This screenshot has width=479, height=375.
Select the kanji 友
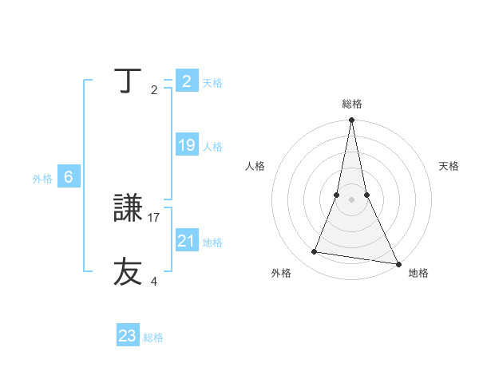point(129,271)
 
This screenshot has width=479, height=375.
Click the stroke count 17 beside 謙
point(154,217)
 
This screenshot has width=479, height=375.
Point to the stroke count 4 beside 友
point(154,281)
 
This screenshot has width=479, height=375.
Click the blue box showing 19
point(187,145)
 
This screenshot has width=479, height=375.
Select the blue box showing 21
point(187,240)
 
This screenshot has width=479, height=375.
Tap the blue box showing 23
point(128,336)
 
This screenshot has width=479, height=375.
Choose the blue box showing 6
point(69,177)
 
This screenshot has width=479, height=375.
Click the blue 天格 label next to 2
point(212,83)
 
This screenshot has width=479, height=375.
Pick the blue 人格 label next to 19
point(212,147)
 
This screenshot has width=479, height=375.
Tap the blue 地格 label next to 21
point(212,242)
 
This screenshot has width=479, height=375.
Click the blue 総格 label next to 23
point(153,337)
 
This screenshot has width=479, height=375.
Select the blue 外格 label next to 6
point(42,179)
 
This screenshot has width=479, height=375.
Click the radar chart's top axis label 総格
point(352,104)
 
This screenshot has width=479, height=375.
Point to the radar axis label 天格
point(449,166)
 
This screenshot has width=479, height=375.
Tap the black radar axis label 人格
point(255,166)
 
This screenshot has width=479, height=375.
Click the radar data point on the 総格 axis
point(351,120)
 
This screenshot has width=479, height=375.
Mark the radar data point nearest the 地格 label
point(398,263)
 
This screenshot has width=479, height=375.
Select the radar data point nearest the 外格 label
point(314,252)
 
